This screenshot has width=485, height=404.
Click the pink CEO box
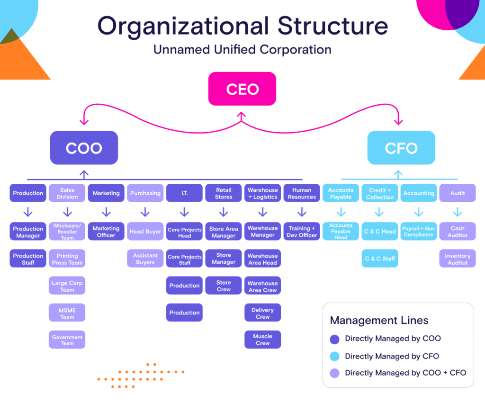pos(242,89)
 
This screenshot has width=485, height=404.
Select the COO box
pos(84,148)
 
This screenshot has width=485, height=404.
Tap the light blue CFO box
pos(401,148)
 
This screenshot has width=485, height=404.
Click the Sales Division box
pos(67,193)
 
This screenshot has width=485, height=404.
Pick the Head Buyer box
pos(145,232)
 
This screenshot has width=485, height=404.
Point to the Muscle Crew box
pos(262,340)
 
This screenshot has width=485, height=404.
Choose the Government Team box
pos(67,340)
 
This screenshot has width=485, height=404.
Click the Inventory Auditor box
pos(458,259)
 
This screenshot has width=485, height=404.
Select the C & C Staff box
pos(380,259)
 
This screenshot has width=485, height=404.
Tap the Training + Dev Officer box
pos(301,232)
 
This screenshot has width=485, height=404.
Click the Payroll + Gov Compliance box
pos(419,232)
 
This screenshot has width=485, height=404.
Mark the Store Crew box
pos(224,286)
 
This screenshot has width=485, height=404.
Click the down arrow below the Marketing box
pos(106,212)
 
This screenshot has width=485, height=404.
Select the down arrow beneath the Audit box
pos(458,212)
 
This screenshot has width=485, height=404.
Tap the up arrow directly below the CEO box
pos(242,116)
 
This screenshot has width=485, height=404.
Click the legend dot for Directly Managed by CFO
pos(335,356)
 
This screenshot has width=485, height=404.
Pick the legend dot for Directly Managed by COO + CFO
pos(335,373)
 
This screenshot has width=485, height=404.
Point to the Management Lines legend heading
pos(379,320)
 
